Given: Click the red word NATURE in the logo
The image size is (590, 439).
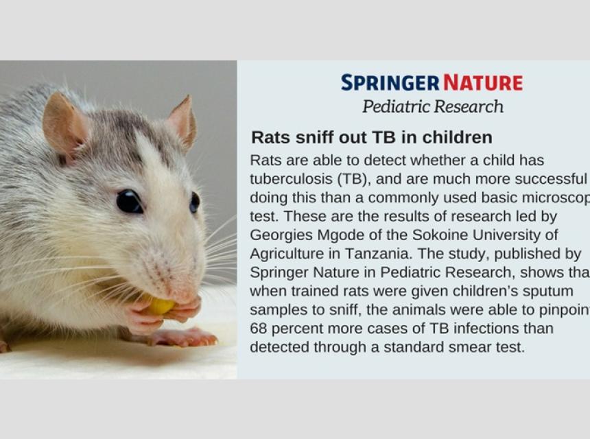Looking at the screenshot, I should [483, 83].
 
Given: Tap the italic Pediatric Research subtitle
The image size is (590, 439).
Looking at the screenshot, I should [433, 106].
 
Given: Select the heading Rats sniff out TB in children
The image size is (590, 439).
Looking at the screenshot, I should [371, 137].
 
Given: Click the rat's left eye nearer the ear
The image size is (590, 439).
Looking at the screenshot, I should [129, 201].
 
